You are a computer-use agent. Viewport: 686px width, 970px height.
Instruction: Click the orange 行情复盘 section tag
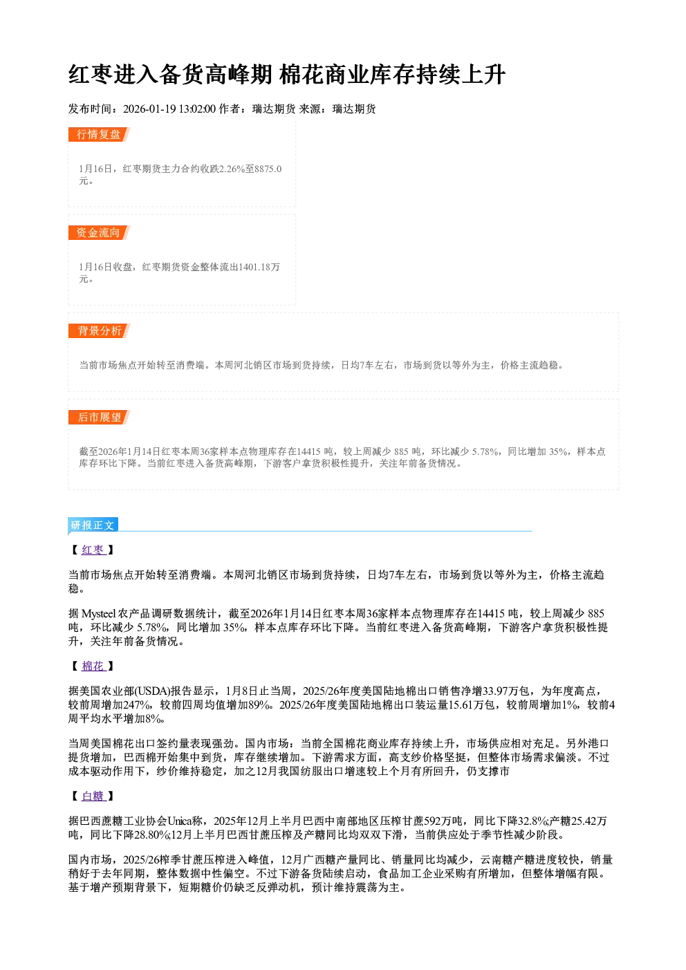pos(99,135)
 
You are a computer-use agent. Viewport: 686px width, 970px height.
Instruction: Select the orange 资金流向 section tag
pos(99,233)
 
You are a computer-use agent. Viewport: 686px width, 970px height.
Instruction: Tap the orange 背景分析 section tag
pos(99,331)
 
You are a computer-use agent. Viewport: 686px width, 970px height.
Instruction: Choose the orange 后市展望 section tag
pos(99,418)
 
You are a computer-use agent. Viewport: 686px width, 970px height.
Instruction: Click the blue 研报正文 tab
pos(93,525)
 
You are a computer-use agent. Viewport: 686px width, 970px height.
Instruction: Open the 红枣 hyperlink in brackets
pos(93,550)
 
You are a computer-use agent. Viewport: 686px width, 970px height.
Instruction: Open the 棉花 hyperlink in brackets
pos(93,666)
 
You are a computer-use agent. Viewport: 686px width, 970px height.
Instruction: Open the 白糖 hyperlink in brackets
pos(93,796)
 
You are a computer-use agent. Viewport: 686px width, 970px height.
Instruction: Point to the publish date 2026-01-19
pos(149,109)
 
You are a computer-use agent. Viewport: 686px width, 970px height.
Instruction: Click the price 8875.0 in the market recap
pos(268,169)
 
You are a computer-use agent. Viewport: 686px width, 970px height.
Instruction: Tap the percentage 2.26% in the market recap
pos(232,169)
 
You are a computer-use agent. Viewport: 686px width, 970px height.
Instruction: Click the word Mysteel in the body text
pos(99,614)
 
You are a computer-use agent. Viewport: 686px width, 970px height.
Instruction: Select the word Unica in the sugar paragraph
pos(180,821)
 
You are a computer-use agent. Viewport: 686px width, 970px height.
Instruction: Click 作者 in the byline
pos(230,109)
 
